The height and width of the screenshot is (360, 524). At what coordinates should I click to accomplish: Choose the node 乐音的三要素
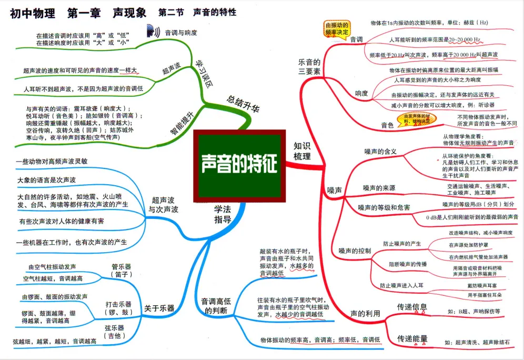click(309, 68)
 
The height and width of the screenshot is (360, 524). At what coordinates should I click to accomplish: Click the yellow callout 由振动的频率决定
click(336, 28)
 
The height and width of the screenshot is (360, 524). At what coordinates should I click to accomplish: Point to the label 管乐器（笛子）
click(122, 270)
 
